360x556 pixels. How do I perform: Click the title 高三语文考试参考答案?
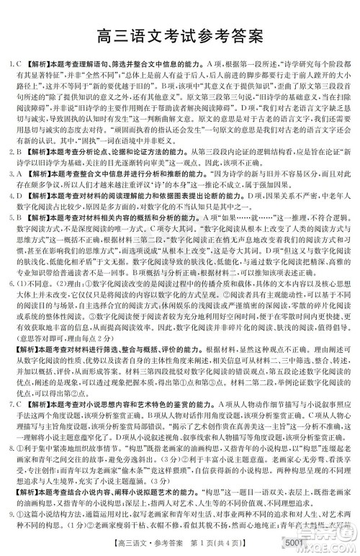coord(180,34)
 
